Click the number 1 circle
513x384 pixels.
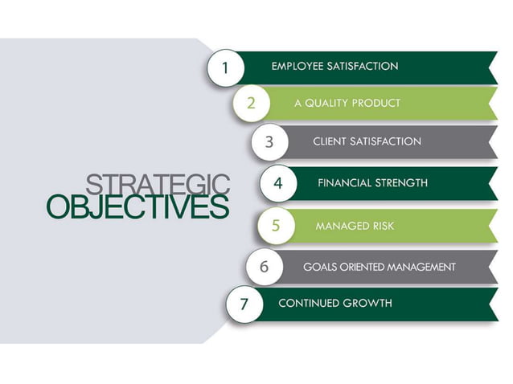[224, 68]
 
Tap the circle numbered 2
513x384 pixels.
[252, 103]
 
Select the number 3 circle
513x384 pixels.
[269, 142]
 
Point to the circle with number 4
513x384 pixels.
[278, 183]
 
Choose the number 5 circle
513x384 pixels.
[276, 226]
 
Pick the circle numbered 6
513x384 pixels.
[264, 267]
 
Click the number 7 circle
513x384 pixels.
[244, 304]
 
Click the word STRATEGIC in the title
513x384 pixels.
[157, 184]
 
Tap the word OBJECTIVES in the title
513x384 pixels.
[137, 206]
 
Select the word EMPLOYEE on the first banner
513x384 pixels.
[297, 67]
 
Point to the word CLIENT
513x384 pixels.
[330, 141]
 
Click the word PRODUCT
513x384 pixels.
[376, 104]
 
